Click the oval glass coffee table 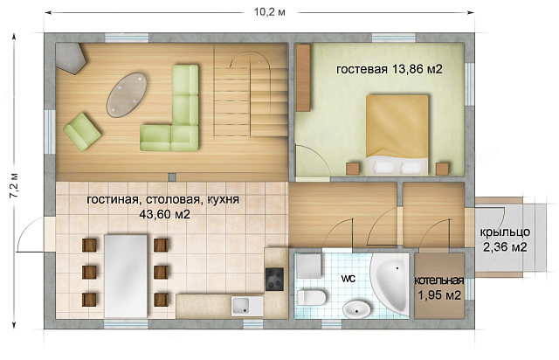coord(128,93)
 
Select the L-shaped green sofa coord(175,114)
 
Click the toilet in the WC coord(311,297)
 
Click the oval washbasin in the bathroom coord(356,308)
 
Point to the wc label coord(348,280)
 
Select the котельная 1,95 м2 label coord(438,288)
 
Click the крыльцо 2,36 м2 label coord(504,239)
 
